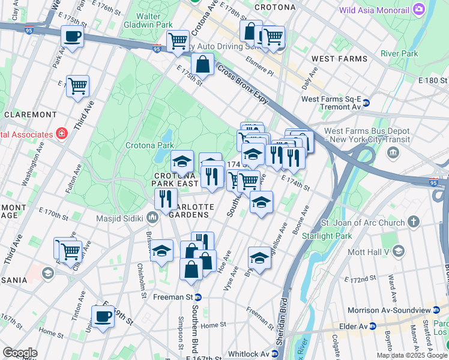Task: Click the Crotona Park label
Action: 149,145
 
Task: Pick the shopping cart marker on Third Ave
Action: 78,86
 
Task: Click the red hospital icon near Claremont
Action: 61,134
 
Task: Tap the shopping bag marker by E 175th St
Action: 203,65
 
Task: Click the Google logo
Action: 20,353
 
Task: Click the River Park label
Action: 399,53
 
